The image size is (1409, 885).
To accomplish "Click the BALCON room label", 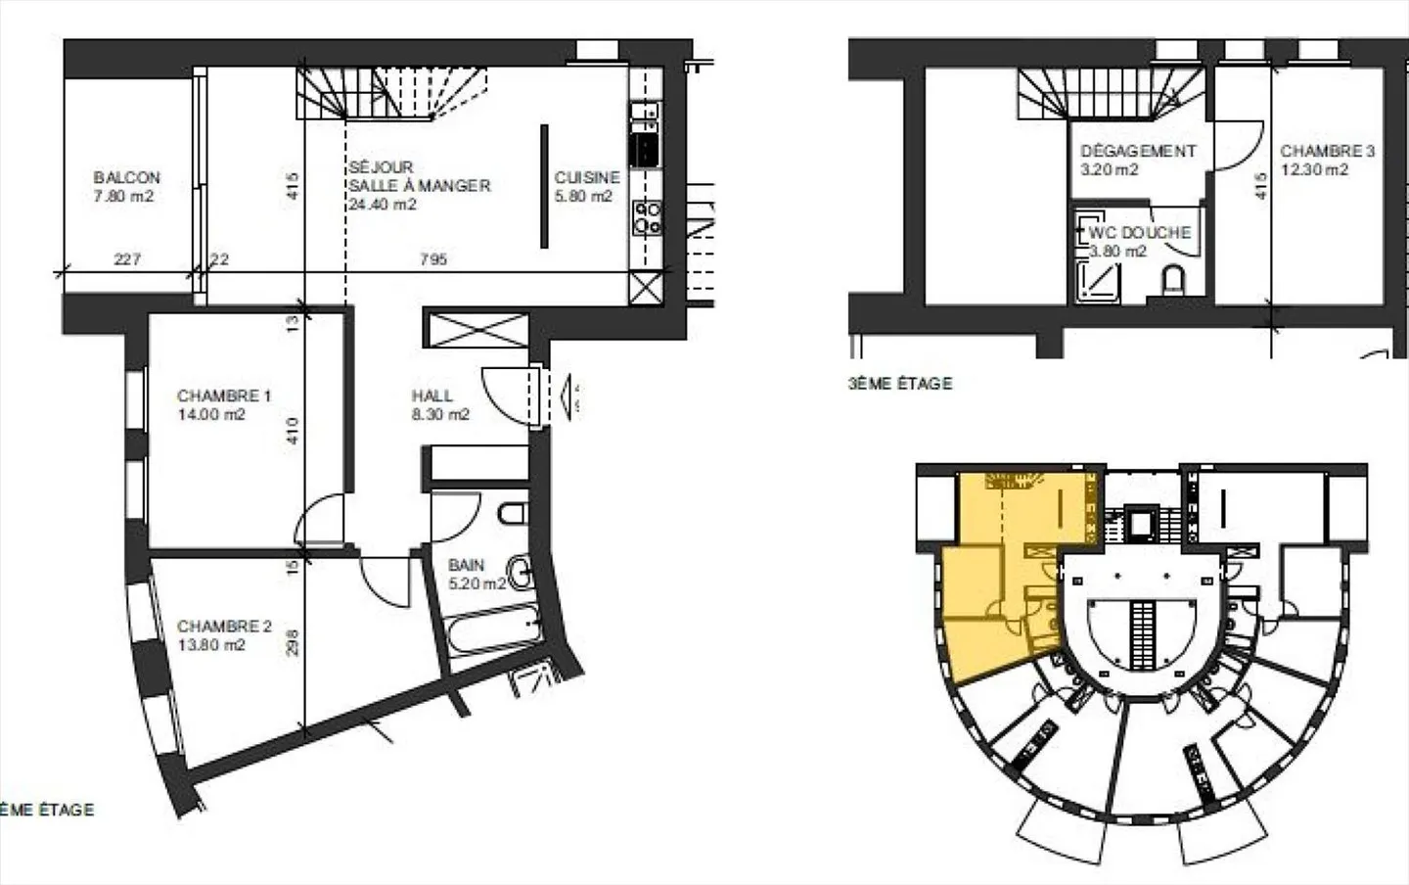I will (126, 178).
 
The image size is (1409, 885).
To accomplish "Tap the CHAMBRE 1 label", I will (223, 396).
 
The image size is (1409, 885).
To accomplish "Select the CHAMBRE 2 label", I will (223, 627).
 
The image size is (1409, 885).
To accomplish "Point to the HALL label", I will (432, 396).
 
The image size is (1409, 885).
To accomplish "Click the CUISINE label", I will (587, 178).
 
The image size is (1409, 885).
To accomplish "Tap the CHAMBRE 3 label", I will (1327, 152).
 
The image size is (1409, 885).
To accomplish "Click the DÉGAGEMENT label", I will (1138, 152).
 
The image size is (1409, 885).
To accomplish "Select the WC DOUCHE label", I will (1140, 233).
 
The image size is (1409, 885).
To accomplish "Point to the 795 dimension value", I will (432, 259).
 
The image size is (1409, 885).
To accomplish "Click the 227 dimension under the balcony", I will (127, 259).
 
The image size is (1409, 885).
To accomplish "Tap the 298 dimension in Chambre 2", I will (293, 642).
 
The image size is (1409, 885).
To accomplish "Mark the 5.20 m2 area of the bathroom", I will (477, 583).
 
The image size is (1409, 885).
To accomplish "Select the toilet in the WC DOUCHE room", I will (1173, 281).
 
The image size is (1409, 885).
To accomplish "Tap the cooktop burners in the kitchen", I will (647, 217).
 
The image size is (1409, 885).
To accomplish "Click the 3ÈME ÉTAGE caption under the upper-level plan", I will (900, 384).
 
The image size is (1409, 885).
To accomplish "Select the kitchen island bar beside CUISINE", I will (545, 186).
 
